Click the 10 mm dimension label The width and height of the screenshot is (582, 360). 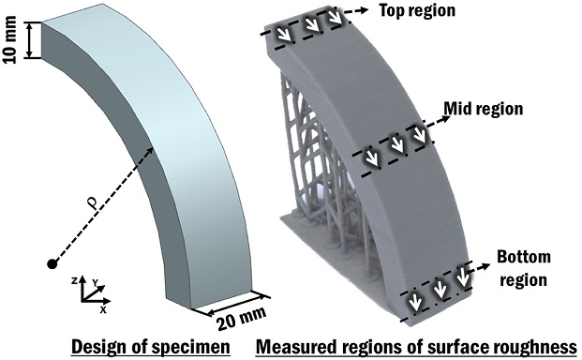pos(10,40)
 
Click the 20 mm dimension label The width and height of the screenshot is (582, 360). pos(242,319)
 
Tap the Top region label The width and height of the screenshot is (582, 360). pos(417,10)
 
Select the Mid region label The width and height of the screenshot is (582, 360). pos(484,109)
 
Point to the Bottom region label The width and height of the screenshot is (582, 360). pos(524,268)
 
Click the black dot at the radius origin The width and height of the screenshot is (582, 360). pos(52,264)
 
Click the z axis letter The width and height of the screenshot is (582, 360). pos(75,281)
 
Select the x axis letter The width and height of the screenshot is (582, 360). pos(103,309)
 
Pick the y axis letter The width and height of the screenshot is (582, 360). pos(95,283)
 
